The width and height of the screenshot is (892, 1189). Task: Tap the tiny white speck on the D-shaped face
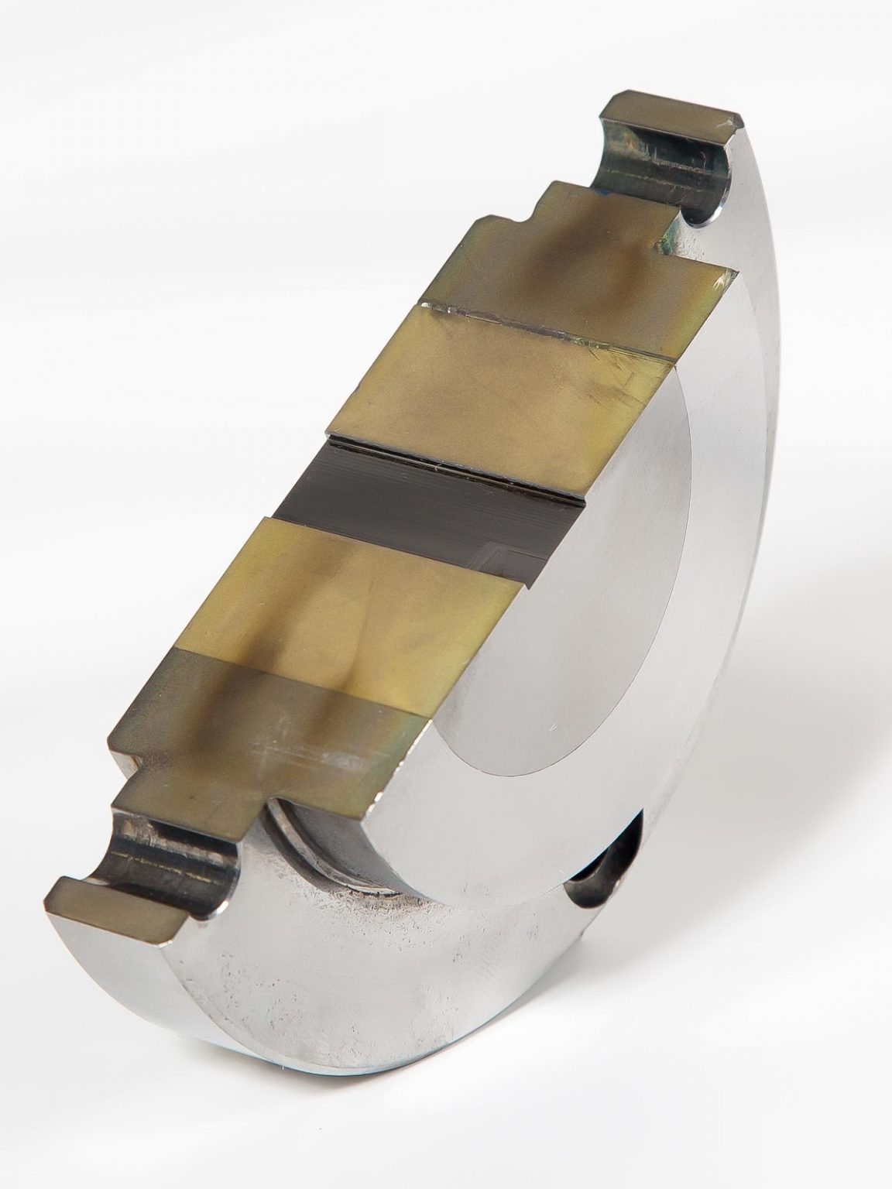[x=552, y=730]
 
